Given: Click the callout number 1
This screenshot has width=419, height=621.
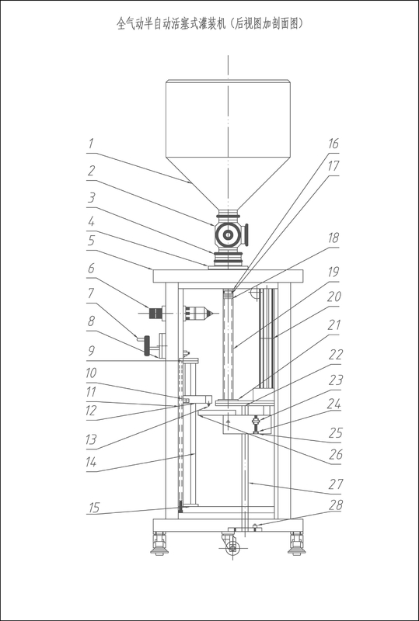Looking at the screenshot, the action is point(91,143).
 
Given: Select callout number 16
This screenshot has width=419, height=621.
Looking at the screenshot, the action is point(333,144).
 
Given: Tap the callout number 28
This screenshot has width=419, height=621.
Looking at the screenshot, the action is point(335,505).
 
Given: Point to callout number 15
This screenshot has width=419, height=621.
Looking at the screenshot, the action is point(93,508).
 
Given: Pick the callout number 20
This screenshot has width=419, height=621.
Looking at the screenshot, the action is point(334,296).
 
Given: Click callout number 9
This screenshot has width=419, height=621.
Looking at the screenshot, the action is point(91,352).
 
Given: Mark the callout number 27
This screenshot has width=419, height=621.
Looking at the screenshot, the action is point(335,484).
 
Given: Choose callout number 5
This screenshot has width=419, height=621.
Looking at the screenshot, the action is point(91,240).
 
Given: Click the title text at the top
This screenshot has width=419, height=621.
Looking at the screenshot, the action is point(210,24).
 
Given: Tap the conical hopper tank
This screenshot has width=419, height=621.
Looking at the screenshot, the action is point(228,144).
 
